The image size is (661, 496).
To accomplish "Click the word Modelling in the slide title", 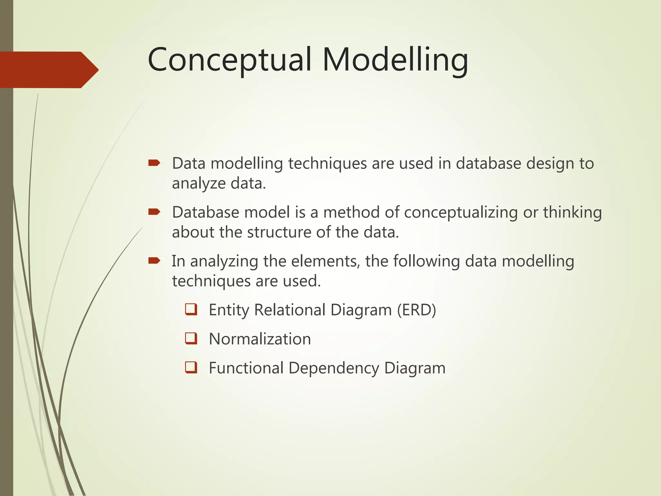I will (395, 60).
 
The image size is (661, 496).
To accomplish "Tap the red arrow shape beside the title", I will (48, 70).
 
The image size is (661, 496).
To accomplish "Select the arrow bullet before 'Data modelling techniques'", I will (154, 163).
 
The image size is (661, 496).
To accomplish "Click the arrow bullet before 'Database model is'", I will (154, 212).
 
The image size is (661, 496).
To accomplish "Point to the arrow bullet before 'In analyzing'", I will (154, 261).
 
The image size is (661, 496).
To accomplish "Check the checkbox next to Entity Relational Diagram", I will (191, 309).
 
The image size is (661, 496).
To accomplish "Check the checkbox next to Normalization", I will (191, 338).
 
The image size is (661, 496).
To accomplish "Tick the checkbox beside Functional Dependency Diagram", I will (191, 367).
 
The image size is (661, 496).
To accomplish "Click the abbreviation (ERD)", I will (416, 310).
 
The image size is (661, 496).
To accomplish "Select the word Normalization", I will (260, 339).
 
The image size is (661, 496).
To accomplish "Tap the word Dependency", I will (334, 368).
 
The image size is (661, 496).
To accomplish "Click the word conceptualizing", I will (461, 213).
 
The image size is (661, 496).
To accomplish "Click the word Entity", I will (229, 310).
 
